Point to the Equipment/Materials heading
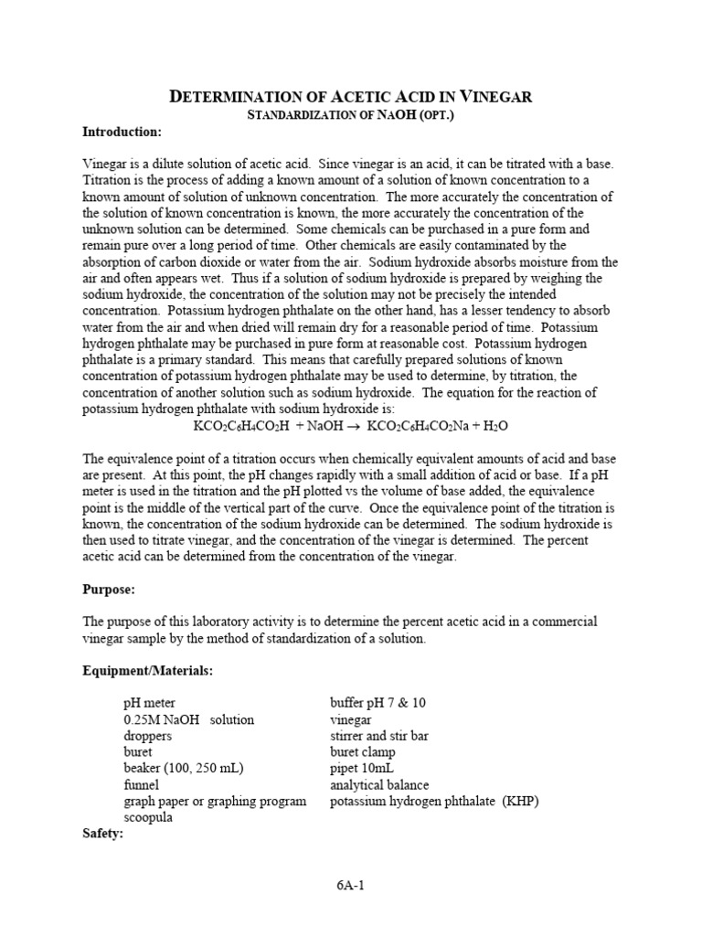[x=148, y=671]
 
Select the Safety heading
[x=103, y=834]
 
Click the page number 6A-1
[x=351, y=885]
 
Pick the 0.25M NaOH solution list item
[x=188, y=719]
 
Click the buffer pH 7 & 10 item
[x=378, y=703]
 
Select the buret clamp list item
[x=362, y=752]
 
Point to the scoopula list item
[x=149, y=818]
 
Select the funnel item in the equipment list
[x=141, y=785]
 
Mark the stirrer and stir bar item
[x=379, y=736]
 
